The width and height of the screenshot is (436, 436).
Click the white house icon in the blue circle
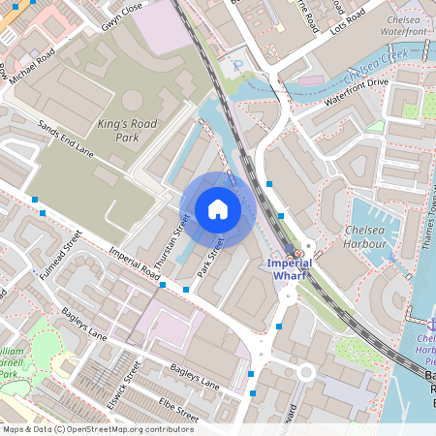[x=217, y=209]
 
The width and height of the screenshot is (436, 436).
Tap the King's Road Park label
[x=132, y=130]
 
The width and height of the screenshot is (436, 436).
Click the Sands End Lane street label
[x=66, y=140]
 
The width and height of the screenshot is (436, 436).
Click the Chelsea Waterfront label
[x=404, y=26]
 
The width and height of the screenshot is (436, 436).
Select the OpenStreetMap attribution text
[x=97, y=428]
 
